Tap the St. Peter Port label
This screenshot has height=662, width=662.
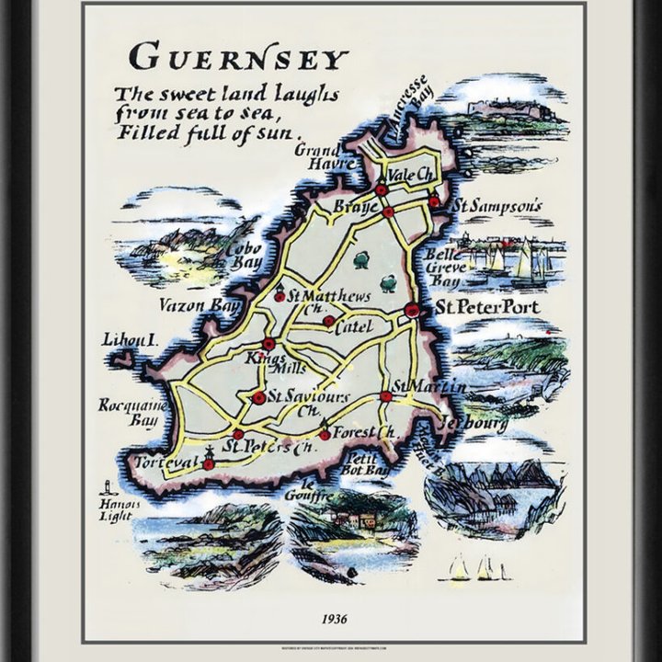click(x=486, y=307)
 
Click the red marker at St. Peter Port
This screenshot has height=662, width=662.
click(x=412, y=311)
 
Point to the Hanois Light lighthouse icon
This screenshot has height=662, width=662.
click(x=109, y=486)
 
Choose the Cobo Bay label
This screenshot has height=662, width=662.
click(x=245, y=256)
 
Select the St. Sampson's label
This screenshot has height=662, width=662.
click(x=496, y=207)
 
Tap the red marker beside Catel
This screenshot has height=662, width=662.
click(x=328, y=321)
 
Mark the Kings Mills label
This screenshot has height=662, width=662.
click(x=266, y=364)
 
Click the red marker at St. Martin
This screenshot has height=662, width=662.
click(x=386, y=397)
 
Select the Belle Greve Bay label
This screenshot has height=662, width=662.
click(x=441, y=268)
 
